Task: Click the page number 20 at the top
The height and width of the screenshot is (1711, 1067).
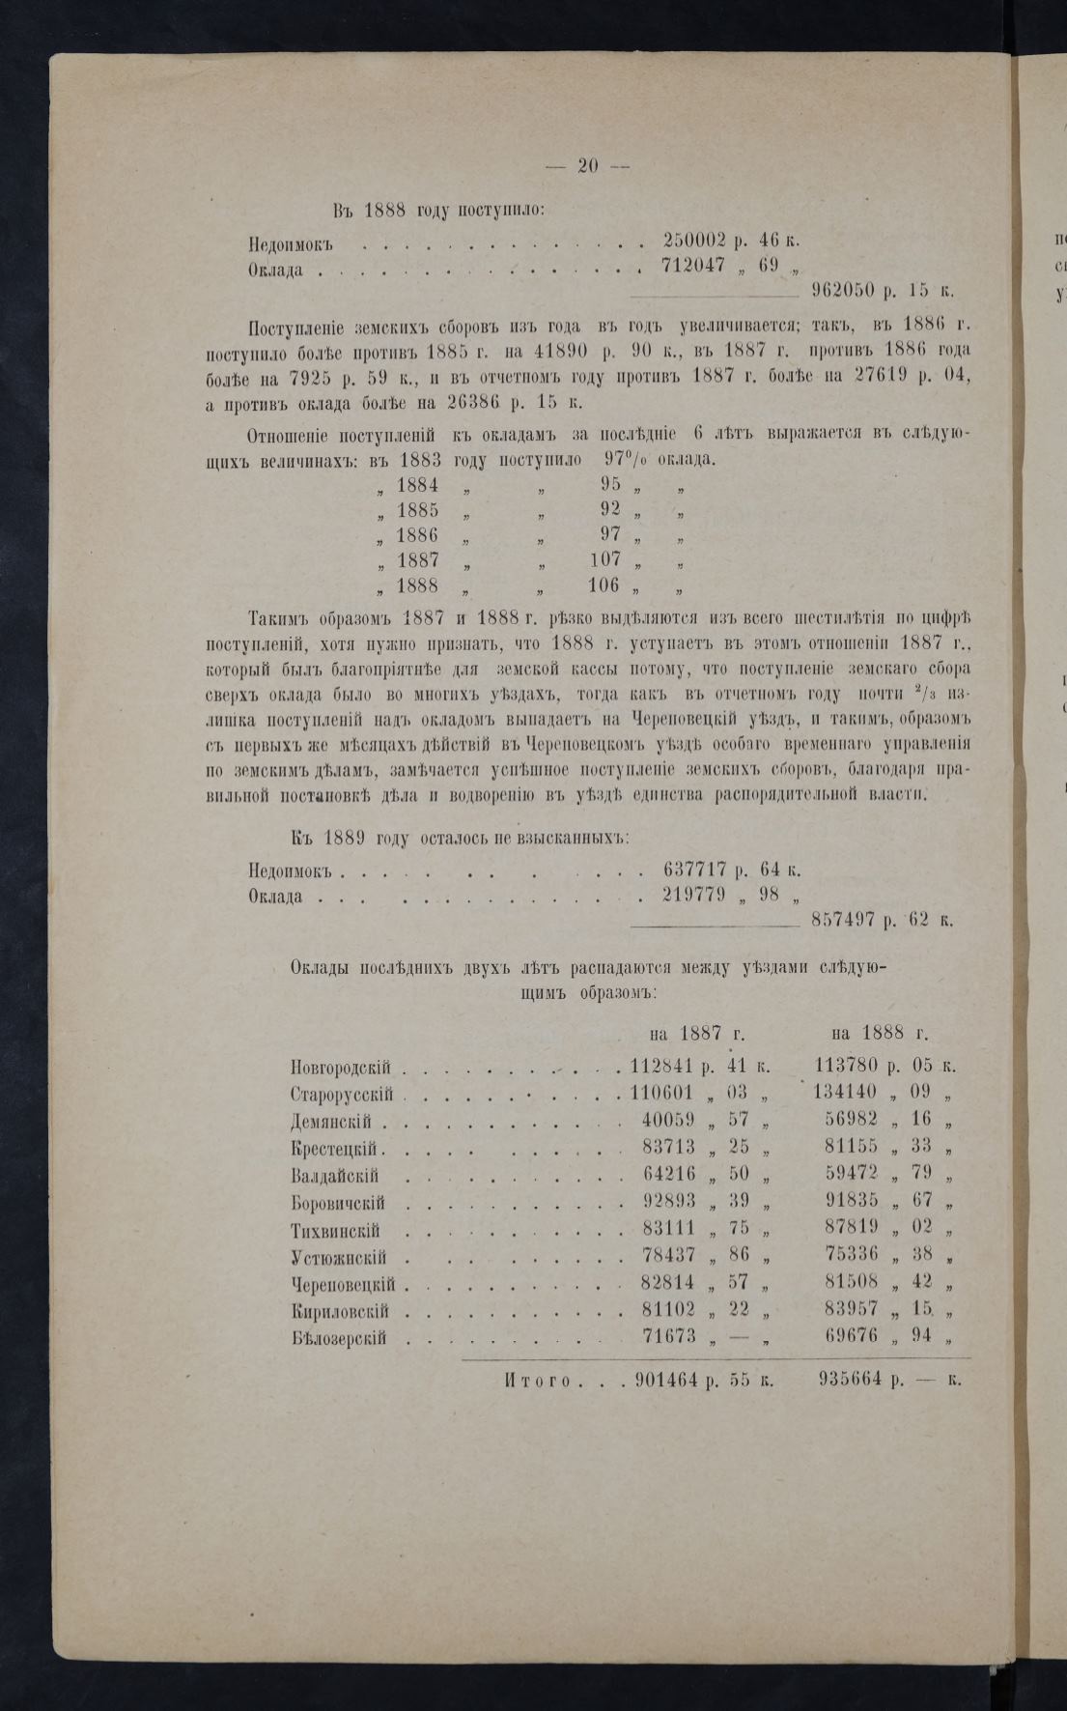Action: click(588, 165)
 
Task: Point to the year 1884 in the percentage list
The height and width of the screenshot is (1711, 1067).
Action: click(417, 485)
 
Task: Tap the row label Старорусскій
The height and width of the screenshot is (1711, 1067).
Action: click(342, 1095)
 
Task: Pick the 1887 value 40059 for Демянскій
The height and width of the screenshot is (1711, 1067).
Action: click(669, 1122)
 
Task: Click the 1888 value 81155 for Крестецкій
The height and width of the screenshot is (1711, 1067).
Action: click(851, 1149)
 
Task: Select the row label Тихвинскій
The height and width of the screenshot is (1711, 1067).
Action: click(335, 1232)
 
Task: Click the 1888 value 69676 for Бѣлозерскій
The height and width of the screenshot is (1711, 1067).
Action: click(851, 1338)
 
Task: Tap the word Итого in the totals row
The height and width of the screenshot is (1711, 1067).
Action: click(537, 1382)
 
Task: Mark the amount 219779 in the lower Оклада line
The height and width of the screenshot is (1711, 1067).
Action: click(694, 895)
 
